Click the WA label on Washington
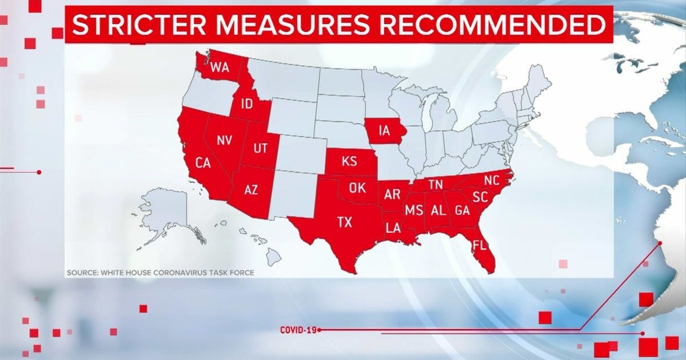(220, 67)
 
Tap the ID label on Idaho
(246, 103)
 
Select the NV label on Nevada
(224, 140)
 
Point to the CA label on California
(203, 162)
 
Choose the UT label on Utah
(260, 149)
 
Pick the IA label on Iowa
(384, 131)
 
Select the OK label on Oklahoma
(357, 187)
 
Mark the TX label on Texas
(345, 222)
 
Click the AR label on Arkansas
(392, 194)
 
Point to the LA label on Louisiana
(393, 228)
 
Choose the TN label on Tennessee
(436, 184)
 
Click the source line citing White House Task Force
(160, 273)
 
